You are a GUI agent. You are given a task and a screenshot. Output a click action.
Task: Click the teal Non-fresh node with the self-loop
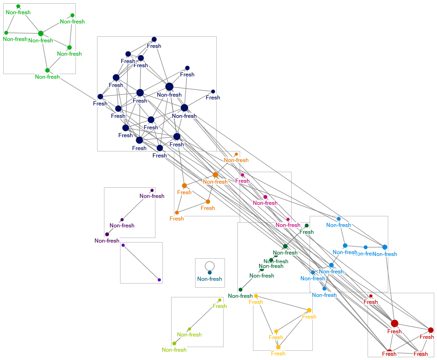pos(210,273)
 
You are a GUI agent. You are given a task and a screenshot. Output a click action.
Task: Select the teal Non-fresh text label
pos(210,279)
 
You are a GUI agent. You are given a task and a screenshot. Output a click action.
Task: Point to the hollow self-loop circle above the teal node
pos(210,265)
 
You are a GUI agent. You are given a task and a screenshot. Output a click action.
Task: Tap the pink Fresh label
pos(242,181)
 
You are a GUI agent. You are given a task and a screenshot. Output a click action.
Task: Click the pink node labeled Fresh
pos(242,175)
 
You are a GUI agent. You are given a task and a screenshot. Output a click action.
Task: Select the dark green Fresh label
pos(306,232)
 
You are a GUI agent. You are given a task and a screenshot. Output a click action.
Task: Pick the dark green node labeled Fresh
pos(307,226)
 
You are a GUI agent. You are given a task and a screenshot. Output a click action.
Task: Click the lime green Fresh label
pos(219,306)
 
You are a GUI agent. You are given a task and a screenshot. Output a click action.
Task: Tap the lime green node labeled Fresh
pos(220,300)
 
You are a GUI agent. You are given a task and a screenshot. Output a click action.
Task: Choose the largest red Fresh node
pos(395,323)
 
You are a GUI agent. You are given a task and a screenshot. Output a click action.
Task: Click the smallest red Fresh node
pos(371,296)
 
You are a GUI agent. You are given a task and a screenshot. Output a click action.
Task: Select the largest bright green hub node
pos(40,33)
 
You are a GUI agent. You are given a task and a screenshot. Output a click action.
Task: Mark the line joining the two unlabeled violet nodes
pos(141,262)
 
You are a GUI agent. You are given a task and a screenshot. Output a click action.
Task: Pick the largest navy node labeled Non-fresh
pos(169,87)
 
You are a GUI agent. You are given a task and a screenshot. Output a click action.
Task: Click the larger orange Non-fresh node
pos(215,175)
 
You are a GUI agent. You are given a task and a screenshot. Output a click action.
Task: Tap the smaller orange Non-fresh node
pos(236,154)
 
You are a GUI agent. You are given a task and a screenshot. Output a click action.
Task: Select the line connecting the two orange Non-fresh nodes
pos(226,164)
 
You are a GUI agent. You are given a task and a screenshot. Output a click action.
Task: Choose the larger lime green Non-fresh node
pos(174,343)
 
